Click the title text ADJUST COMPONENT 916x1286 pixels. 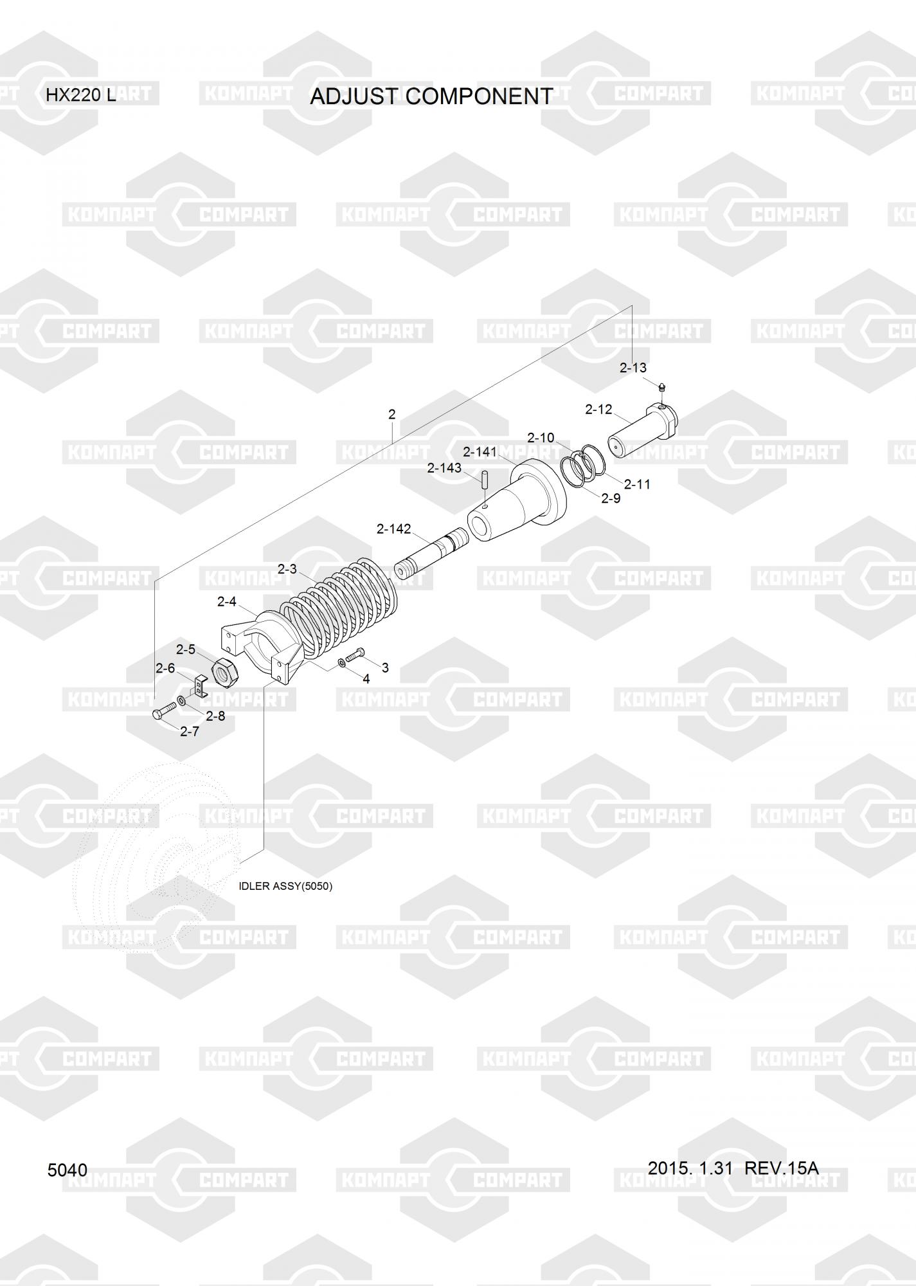point(431,96)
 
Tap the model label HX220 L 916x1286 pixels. point(80,96)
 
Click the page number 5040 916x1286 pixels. point(67,1170)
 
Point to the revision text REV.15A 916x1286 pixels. point(781,1168)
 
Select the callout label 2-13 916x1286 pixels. point(633,368)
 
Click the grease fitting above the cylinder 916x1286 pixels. point(663,388)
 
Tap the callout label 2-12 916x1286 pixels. point(598,410)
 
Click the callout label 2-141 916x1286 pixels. point(480,452)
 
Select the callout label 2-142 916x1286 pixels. point(393,529)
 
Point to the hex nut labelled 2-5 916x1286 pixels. point(225,673)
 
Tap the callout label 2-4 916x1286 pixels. point(227,602)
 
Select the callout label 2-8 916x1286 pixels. point(215,716)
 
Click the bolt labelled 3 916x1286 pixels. point(355,656)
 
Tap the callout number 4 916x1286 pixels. point(366,679)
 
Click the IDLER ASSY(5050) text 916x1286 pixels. point(285,886)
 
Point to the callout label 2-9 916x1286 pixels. point(611,498)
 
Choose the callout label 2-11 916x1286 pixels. point(637,484)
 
